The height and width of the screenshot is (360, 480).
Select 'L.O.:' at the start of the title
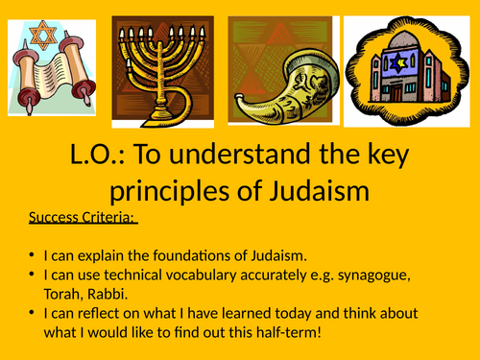pos(95,159)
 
